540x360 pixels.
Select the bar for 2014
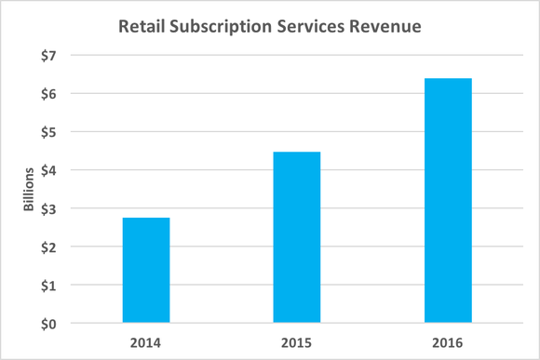[x=146, y=271]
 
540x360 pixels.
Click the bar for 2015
[x=296, y=238]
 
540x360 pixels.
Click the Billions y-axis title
[x=29, y=190]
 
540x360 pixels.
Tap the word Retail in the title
[x=142, y=27]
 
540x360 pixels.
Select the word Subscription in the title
[x=223, y=27]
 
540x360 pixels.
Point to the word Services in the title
[x=319, y=27]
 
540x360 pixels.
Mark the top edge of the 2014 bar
[x=146, y=219]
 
